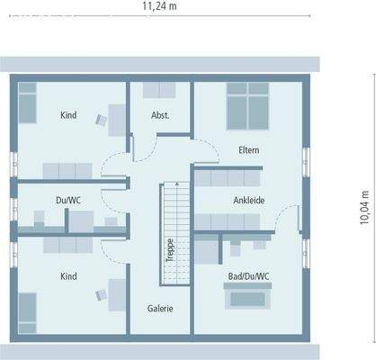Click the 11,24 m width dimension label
158,7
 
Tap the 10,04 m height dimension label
364,206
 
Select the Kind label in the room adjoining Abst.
68,115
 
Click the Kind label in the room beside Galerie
68,276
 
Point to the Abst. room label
160,115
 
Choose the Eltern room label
249,149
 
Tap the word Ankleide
249,200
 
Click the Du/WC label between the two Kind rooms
68,200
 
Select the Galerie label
160,308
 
